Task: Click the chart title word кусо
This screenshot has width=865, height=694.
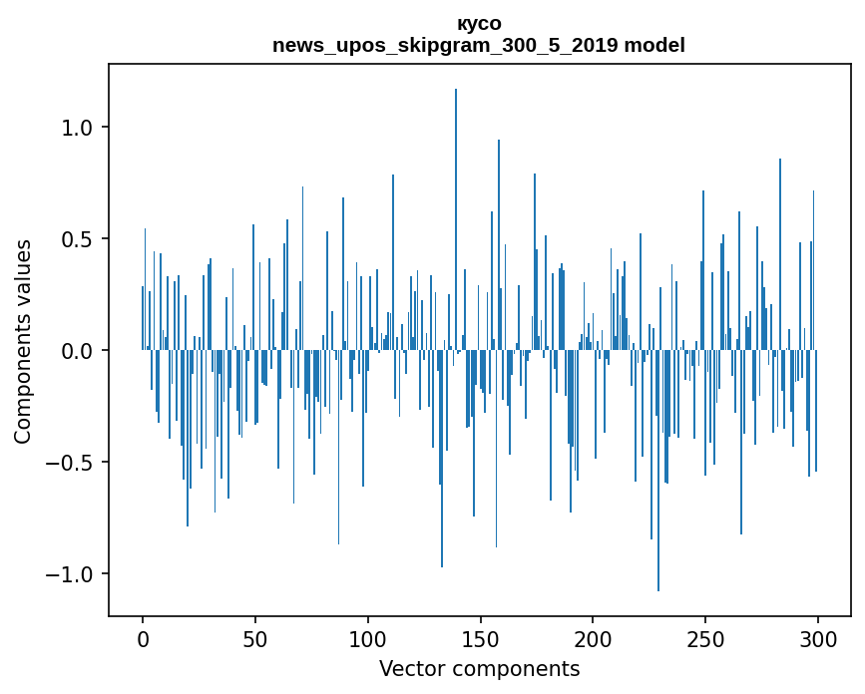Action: pyautogui.click(x=479, y=23)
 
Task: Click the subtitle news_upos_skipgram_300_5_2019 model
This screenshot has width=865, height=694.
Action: pyautogui.click(x=479, y=45)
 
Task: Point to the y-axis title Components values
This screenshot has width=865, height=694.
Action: pyautogui.click(x=23, y=341)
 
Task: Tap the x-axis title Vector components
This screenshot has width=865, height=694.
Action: pyautogui.click(x=479, y=668)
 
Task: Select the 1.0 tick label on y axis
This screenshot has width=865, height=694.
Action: pyautogui.click(x=77, y=128)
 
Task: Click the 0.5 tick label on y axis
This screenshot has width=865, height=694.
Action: pyautogui.click(x=77, y=239)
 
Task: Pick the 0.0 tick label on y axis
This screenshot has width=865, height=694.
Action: pyautogui.click(x=77, y=351)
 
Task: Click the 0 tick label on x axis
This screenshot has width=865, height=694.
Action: pyautogui.click(x=143, y=638)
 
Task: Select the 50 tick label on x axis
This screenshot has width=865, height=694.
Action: pyautogui.click(x=255, y=638)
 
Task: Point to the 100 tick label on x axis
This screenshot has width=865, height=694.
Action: pyautogui.click(x=368, y=638)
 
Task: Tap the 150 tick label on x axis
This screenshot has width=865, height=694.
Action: pyautogui.click(x=481, y=638)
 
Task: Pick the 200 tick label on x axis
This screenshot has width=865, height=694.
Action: pyautogui.click(x=593, y=638)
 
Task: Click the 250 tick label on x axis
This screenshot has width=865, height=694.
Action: pyautogui.click(x=705, y=638)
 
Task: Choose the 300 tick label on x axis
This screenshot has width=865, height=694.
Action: pyautogui.click(x=818, y=638)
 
